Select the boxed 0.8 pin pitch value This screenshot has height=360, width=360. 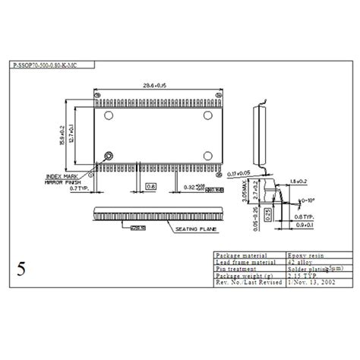point(150,185)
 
